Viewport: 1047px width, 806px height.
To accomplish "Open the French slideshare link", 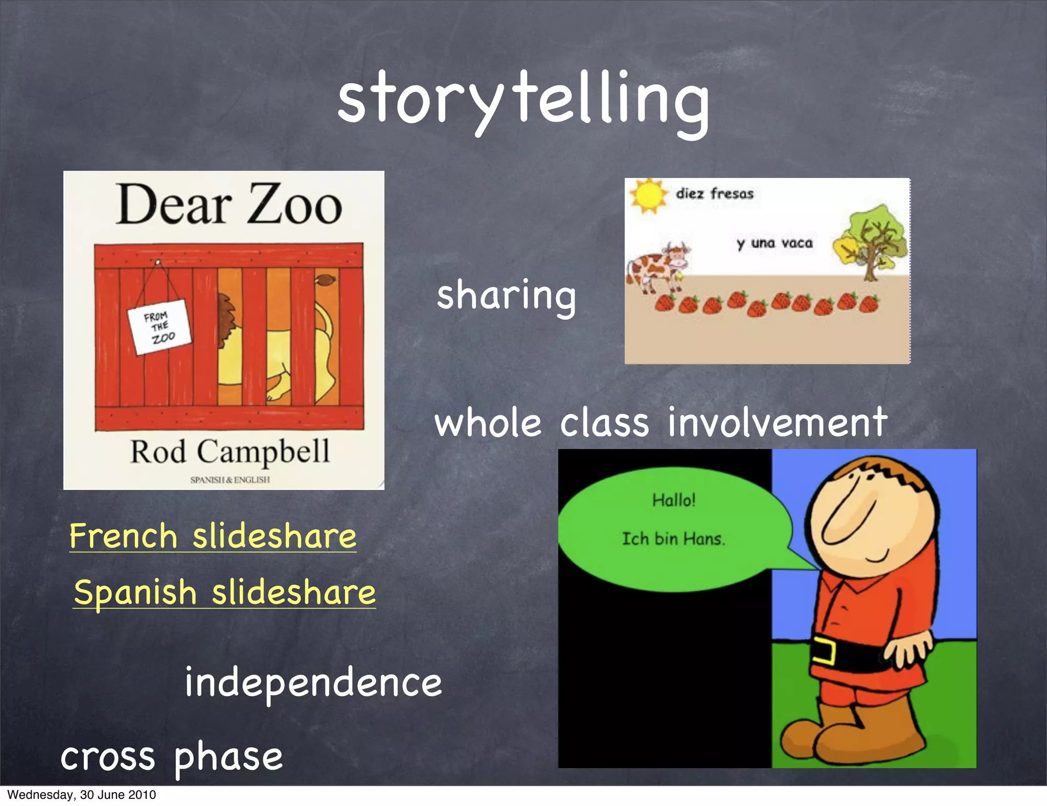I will tap(213, 536).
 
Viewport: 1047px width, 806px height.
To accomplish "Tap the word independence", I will tap(313, 683).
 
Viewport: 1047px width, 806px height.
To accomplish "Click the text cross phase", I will tap(171, 757).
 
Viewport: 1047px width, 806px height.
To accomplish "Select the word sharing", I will tap(506, 296).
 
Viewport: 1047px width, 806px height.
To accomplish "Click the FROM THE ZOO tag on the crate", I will tap(159, 328).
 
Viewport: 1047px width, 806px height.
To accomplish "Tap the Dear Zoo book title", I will tap(229, 205).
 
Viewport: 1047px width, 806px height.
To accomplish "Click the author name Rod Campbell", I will tap(230, 452).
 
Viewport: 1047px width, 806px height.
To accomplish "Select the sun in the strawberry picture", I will tap(648, 195).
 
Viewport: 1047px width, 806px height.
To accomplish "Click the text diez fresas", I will tap(714, 194).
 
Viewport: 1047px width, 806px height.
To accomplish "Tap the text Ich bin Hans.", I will tap(673, 539).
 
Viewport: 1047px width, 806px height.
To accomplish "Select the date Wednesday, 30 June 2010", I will tap(82, 795).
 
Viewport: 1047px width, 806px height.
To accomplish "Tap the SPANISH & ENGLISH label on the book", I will tap(230, 480).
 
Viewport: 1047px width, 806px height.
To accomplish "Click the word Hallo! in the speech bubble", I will tap(673, 500).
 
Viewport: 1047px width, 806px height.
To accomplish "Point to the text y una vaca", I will tap(775, 243).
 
